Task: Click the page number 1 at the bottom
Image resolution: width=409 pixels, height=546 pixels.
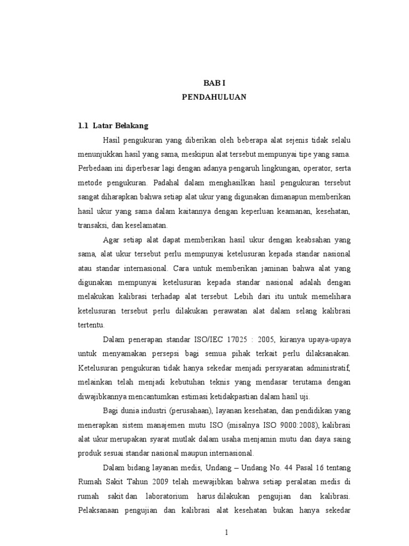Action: tap(226, 534)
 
